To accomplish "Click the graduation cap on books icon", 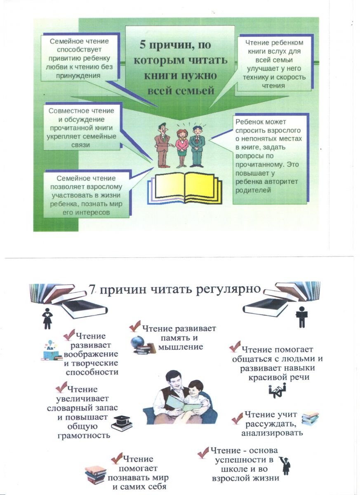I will click(x=122, y=423).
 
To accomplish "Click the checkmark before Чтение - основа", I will click(x=202, y=452).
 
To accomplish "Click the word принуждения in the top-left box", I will click(x=78, y=75).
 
